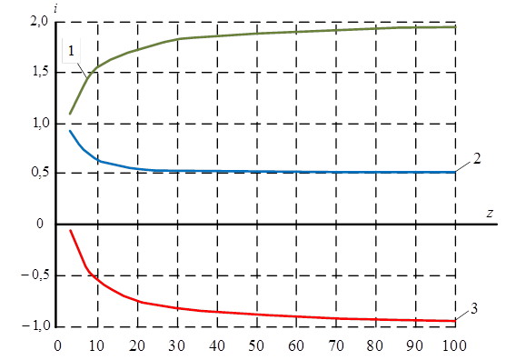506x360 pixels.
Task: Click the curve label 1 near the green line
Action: [71, 51]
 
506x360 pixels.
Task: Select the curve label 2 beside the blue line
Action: [477, 158]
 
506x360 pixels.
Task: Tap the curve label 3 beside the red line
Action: [474, 309]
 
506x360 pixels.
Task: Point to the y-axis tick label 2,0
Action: [39, 23]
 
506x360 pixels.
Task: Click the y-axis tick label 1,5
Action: [40, 72]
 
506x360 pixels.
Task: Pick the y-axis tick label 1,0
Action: [40, 123]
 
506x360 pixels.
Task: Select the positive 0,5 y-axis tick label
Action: [40, 172]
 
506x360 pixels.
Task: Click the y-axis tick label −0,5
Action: [35, 275]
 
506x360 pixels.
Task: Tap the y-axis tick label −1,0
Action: [36, 325]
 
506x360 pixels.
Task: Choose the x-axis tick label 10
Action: [96, 345]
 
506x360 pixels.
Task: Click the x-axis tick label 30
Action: [176, 345]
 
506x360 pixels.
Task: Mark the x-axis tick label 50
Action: [256, 345]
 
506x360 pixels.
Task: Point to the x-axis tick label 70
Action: [336, 345]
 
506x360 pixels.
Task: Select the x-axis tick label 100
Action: [453, 345]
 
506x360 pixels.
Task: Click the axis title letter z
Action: [490, 213]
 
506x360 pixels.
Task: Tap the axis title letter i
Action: [55, 9]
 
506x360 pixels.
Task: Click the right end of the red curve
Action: [455, 321]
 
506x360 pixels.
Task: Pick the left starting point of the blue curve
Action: [70, 131]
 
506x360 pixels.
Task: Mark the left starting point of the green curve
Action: [70, 114]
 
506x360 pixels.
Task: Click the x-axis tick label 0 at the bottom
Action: [57, 345]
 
